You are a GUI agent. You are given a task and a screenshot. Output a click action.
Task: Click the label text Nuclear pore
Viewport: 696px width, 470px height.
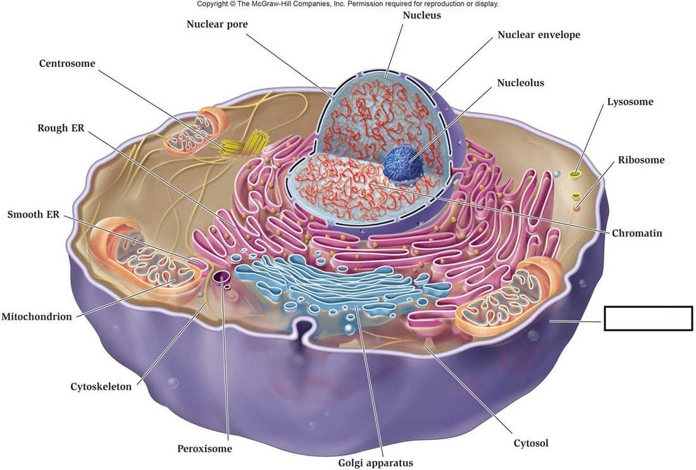tap(217, 25)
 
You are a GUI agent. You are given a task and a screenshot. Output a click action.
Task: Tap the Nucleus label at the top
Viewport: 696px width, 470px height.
tap(421, 15)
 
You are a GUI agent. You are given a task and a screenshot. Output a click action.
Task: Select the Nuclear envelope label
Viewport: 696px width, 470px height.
tap(538, 35)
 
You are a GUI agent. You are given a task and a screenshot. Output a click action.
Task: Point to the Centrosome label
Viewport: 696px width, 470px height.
tap(67, 64)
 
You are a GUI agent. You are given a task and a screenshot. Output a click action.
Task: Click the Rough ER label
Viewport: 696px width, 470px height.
tap(61, 128)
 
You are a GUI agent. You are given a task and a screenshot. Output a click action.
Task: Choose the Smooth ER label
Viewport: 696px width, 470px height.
tap(34, 215)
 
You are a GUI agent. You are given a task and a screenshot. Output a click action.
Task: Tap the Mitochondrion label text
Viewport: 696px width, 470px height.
tap(37, 317)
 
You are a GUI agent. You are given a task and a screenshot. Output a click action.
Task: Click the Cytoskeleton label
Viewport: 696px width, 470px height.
tap(101, 387)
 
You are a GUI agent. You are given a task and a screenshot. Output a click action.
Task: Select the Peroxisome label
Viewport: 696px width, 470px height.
tap(204, 449)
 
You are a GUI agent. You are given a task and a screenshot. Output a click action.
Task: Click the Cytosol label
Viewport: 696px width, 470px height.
tap(531, 443)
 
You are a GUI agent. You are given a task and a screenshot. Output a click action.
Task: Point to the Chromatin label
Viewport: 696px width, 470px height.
tap(637, 233)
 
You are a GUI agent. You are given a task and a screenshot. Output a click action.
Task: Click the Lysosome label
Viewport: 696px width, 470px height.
tap(630, 102)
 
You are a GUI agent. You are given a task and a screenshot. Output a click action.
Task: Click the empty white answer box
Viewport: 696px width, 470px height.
tap(648, 318)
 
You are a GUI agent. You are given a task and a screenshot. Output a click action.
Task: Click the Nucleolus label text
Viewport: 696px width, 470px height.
tap(520, 83)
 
